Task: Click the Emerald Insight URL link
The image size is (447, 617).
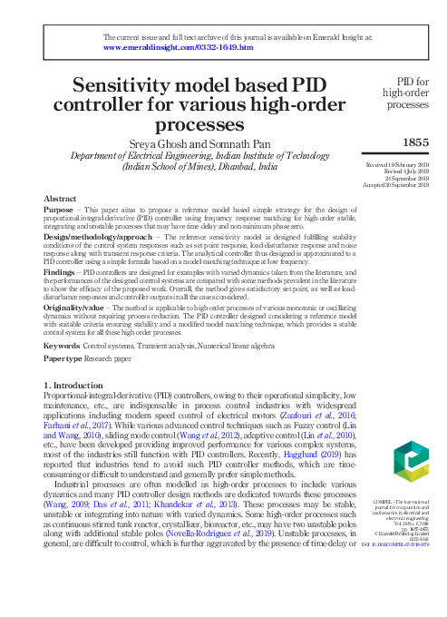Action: coord(178,45)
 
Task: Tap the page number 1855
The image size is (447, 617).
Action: coord(415,143)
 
